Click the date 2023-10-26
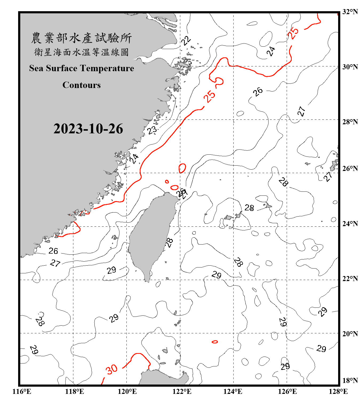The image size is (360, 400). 88,129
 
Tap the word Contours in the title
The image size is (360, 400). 82,85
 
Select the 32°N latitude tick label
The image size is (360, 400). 350,12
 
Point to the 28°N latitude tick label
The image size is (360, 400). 350,122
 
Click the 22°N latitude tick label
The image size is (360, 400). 350,279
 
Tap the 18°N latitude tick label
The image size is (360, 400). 350,381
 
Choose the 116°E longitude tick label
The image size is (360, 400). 22,391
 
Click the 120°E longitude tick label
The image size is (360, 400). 127,391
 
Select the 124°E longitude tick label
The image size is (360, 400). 233,391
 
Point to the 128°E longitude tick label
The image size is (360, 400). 338,391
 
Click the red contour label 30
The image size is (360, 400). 111,369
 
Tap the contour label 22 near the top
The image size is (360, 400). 186,41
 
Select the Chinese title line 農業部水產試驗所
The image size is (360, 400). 81,38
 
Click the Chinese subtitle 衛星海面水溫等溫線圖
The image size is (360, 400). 81,52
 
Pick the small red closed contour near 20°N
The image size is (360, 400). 215,342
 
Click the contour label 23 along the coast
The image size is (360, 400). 152,130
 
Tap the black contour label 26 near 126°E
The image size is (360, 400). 258,92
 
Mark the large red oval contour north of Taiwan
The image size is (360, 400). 182,168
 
